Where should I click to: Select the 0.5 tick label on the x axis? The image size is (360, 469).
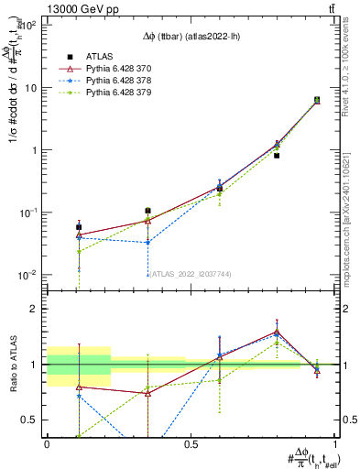[191, 443]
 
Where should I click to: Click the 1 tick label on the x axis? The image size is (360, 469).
[334, 443]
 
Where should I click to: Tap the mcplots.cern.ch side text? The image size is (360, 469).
[352, 220]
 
